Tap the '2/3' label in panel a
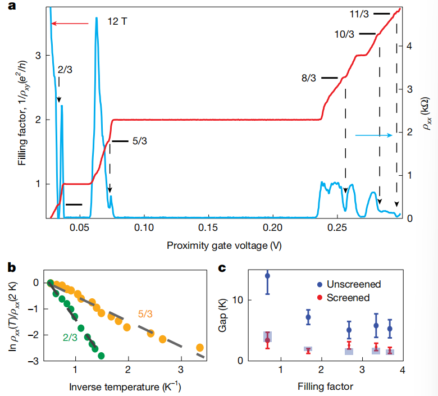coord(65,70)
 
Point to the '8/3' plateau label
coord(309,78)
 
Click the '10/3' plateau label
coord(344,34)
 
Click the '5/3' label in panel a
coord(140,142)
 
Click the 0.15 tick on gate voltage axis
coord(208,229)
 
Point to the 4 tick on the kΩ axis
coord(410,46)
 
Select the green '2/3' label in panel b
coord(71,338)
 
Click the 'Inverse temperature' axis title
coord(125,386)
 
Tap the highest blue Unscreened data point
coord(268,276)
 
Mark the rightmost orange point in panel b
coord(199,347)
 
